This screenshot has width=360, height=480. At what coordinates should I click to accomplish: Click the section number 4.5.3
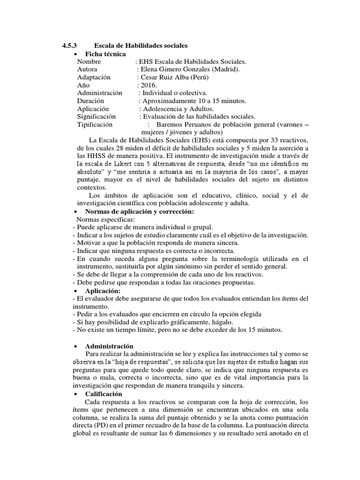coord(69,45)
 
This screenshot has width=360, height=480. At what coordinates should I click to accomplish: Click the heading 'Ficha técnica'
coord(102,54)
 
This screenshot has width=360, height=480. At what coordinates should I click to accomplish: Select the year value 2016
coord(148,85)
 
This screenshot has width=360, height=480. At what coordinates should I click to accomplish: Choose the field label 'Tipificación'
coord(95,125)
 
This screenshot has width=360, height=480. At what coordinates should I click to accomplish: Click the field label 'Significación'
coord(96,117)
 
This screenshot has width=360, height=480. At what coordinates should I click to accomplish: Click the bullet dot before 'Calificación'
coord(76,394)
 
